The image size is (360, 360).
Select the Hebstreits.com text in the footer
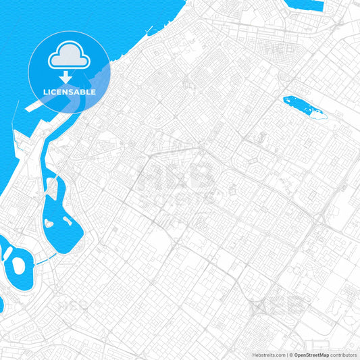(x=266, y=354)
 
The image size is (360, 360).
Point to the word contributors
(x=343, y=354)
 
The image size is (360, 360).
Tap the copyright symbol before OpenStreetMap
(x=290, y=354)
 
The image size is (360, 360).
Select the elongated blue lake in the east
(x=303, y=107)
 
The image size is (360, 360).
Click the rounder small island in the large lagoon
(x=49, y=223)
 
